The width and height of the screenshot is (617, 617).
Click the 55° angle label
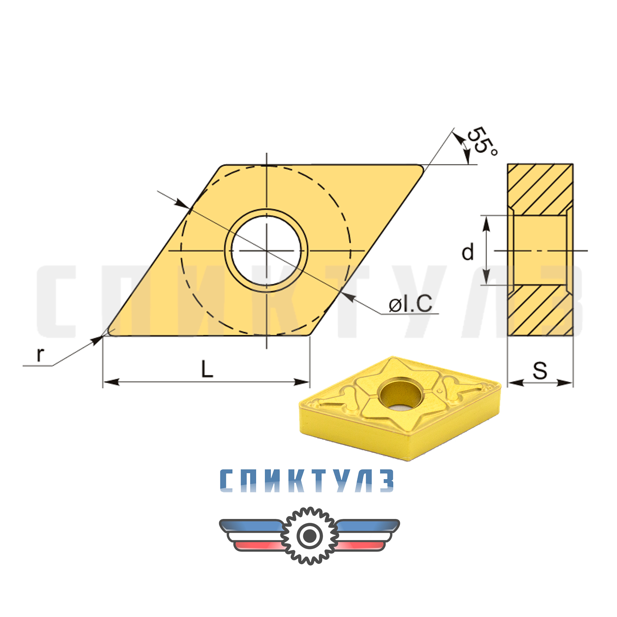[482, 141]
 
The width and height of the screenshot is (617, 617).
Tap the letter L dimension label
[207, 369]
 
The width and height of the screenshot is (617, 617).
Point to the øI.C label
[411, 304]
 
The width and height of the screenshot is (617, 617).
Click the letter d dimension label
[468, 252]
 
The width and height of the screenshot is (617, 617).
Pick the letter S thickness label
[540, 371]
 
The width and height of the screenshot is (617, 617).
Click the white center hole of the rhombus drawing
[266, 251]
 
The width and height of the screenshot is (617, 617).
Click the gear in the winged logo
[310, 535]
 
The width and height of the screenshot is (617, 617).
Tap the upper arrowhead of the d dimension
[486, 223]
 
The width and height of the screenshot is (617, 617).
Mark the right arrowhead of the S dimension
[566, 383]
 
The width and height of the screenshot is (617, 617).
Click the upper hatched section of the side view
[540, 189]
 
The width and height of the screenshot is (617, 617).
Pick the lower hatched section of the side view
[540, 310]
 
